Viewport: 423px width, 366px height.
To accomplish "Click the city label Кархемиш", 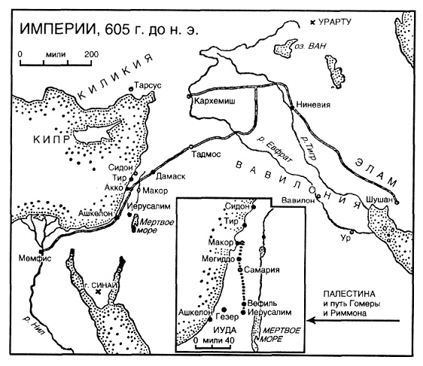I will pyautogui.click(x=212, y=99).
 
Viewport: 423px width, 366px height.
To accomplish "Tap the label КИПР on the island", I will pyautogui.click(x=47, y=139).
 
